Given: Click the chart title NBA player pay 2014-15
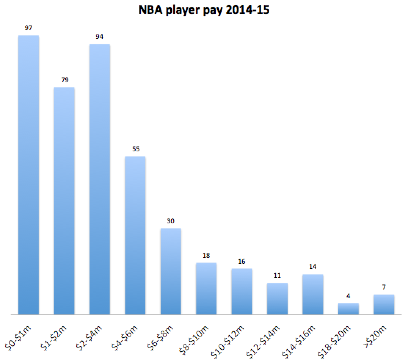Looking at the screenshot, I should click(204, 10).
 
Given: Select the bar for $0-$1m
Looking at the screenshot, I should click(29, 175).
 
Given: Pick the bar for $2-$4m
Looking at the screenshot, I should click(100, 179).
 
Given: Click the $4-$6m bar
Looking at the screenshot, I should click(135, 235).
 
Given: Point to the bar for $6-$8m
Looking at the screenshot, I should click(171, 271).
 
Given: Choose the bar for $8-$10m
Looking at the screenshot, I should click(206, 289).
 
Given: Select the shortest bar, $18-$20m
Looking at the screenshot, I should click(348, 309).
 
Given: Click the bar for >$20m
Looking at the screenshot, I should click(384, 305).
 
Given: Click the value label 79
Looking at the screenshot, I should click(65, 80).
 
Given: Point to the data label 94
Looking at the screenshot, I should click(100, 37).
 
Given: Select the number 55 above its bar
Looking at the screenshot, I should click(135, 149).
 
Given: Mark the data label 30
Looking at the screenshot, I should click(171, 221).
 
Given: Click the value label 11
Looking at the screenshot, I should click(277, 276).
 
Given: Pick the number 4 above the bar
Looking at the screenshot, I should click(348, 296).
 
